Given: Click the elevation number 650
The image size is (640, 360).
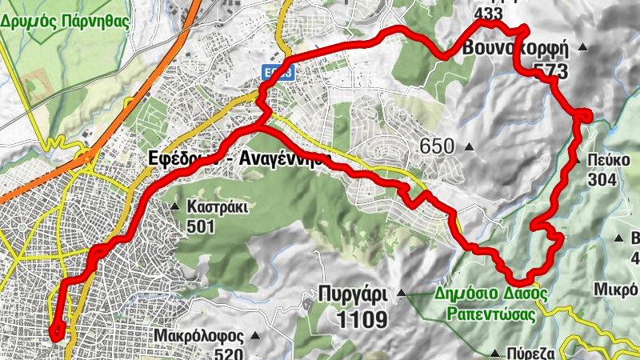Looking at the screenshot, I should pyautogui.click(x=437, y=146).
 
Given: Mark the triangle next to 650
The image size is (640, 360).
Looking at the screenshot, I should pyautogui.click(x=469, y=147).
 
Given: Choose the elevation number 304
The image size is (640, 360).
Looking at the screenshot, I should pyautogui.click(x=601, y=180).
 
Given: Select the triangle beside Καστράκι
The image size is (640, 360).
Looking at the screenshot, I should pyautogui.click(x=174, y=207).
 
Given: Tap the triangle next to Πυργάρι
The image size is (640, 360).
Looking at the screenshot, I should pyautogui.click(x=402, y=293).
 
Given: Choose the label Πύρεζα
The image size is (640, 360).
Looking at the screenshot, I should pyautogui.click(x=528, y=352).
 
